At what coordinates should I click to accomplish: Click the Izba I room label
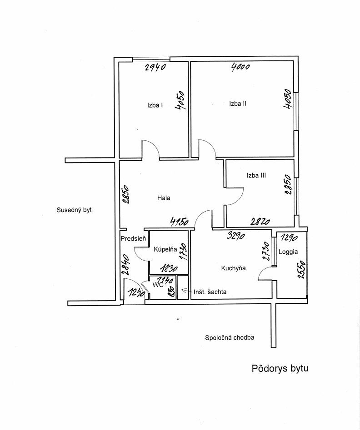(155, 105)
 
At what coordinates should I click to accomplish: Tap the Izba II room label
(238, 104)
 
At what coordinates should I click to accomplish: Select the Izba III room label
(256, 175)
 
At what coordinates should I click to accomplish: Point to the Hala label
(164, 198)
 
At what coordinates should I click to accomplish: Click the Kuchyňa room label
(233, 268)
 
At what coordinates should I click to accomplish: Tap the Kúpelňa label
(165, 249)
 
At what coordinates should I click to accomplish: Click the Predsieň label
(133, 238)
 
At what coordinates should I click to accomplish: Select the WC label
(158, 285)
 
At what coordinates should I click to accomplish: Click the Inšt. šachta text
(210, 292)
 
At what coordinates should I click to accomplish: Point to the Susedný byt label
(74, 210)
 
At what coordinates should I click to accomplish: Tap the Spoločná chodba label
(230, 338)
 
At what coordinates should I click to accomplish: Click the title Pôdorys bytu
(280, 368)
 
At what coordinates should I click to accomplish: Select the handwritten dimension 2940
(156, 68)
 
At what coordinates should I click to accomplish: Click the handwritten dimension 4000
(240, 68)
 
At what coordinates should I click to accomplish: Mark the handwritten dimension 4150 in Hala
(179, 222)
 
